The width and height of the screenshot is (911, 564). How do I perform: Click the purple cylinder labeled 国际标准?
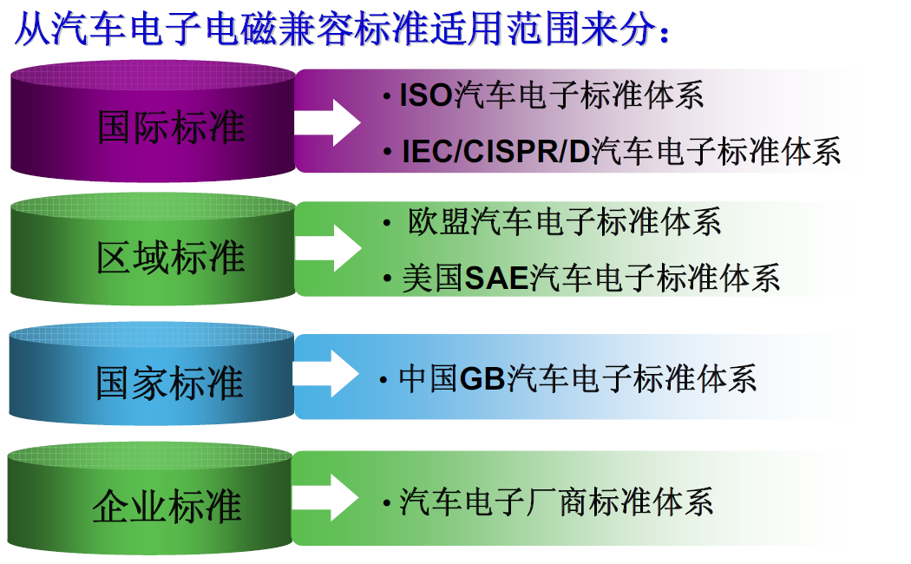(x=153, y=122)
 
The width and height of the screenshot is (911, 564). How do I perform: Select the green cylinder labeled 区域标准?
(x=153, y=250)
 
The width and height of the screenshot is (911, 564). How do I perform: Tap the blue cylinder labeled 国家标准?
(x=152, y=374)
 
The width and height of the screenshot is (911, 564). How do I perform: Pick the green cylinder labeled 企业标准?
(x=150, y=498)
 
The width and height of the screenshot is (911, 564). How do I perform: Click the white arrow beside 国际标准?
(x=327, y=122)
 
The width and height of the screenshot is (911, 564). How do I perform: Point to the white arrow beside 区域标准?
(x=328, y=248)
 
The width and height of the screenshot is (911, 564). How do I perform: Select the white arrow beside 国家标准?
(x=325, y=374)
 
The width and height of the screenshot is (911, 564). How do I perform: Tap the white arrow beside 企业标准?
(x=325, y=498)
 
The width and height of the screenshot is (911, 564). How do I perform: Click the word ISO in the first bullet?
(x=426, y=95)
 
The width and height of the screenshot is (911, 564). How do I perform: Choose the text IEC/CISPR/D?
(x=495, y=152)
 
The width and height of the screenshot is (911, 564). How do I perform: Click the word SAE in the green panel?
(x=496, y=279)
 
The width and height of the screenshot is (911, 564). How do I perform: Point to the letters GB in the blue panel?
(x=482, y=379)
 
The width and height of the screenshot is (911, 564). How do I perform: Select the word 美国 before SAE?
(x=433, y=279)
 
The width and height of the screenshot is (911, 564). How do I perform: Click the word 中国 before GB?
(x=429, y=378)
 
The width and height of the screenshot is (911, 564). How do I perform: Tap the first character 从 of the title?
(x=32, y=29)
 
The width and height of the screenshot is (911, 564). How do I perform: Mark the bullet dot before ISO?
(x=388, y=96)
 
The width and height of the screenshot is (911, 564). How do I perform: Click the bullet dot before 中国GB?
(x=383, y=380)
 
